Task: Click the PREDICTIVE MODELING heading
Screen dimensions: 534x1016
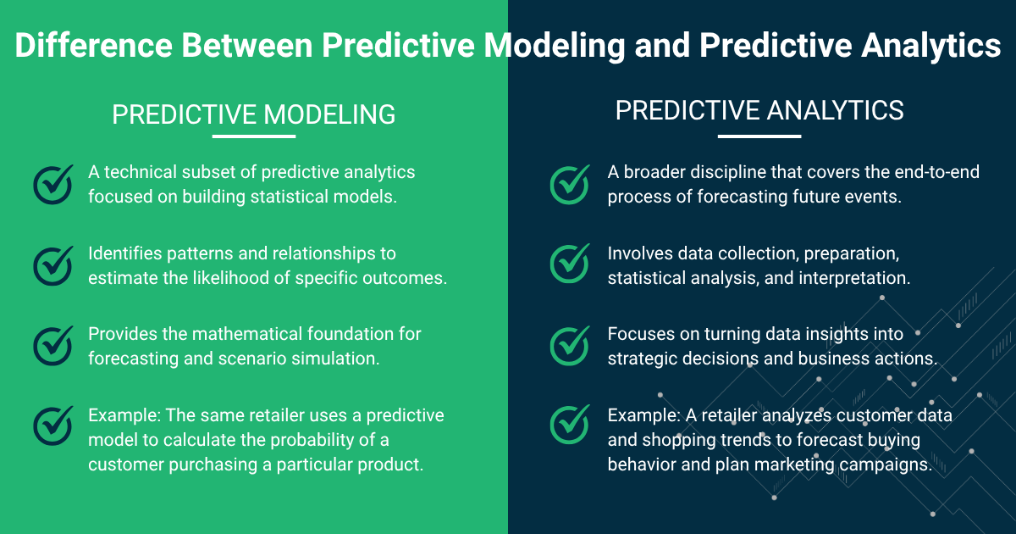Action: (253, 115)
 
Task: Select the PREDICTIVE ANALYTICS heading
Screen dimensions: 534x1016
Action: (759, 111)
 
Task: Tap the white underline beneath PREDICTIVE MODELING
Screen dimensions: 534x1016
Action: (253, 136)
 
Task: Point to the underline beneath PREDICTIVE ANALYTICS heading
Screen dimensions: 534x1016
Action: (759, 136)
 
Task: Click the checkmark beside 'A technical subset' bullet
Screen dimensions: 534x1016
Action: (53, 183)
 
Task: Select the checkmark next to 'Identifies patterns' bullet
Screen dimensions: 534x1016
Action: (53, 264)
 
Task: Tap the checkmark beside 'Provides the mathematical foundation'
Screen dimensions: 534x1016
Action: (53, 345)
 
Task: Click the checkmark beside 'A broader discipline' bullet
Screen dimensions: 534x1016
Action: (570, 183)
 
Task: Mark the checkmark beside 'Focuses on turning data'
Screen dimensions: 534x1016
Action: (570, 345)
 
